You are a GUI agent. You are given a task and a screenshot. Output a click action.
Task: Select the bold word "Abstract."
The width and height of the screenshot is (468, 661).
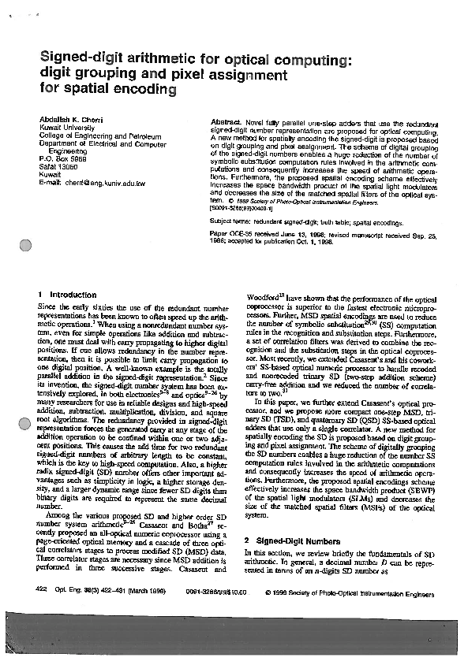228,124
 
